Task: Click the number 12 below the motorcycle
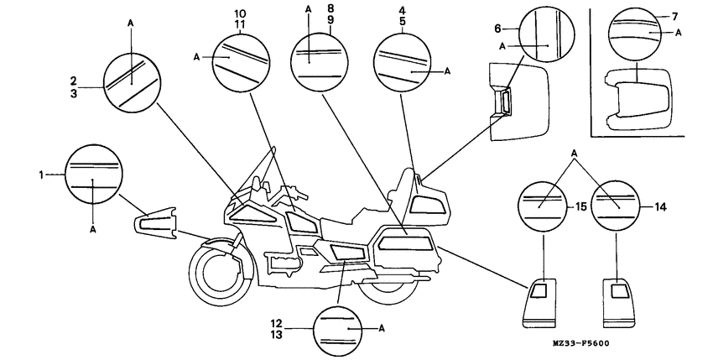pos(300,322)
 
